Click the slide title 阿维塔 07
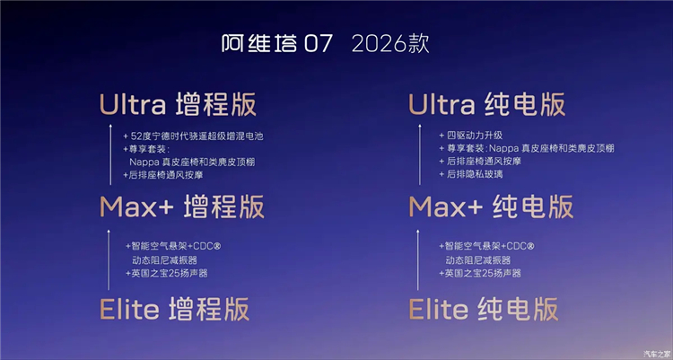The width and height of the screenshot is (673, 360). point(277,43)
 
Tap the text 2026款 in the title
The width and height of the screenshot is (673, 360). point(390,43)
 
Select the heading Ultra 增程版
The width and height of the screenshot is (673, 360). point(178,104)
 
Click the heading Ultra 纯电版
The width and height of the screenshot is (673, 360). point(486,104)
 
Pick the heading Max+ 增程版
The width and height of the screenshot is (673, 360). point(181,206)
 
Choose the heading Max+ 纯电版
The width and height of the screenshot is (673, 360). point(491,206)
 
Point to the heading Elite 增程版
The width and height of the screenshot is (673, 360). point(174,309)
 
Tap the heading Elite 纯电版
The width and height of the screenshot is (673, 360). point(484,309)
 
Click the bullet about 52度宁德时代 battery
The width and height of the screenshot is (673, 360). point(193,136)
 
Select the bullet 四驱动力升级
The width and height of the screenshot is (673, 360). point(470,136)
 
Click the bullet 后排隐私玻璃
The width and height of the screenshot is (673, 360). point(470,174)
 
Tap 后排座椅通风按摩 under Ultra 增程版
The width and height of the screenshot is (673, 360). point(163,175)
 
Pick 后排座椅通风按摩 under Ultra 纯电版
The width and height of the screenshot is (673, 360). point(480,161)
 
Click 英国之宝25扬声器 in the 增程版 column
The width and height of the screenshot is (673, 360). point(167,273)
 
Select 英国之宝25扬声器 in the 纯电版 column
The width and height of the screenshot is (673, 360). point(480,273)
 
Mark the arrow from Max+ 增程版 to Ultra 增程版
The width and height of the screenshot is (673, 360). point(110,154)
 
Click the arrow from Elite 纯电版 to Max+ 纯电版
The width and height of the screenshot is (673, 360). point(417,260)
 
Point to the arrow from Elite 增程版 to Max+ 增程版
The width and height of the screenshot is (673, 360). point(109,260)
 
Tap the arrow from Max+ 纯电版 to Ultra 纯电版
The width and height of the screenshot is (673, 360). point(419,154)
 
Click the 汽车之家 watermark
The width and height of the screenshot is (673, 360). point(657,354)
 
